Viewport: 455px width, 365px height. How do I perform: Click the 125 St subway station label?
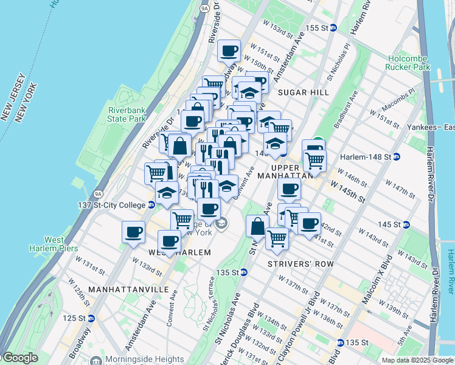78,318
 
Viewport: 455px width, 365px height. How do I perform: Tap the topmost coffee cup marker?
229,51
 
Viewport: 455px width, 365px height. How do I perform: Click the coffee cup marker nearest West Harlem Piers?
133,232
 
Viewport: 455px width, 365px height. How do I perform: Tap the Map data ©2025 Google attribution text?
417,360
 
